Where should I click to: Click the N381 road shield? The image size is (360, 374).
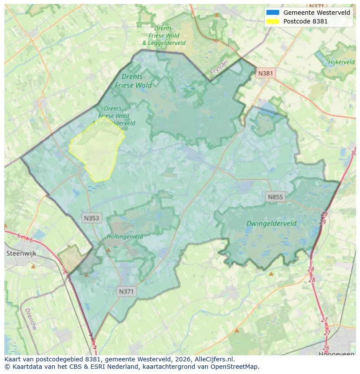tap(265, 73)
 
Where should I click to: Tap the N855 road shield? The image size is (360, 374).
tap(275, 197)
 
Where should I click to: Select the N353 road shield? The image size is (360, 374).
tap(91, 218)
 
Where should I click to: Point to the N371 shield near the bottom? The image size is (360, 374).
tap(126, 292)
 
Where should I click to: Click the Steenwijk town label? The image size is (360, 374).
tap(20, 253)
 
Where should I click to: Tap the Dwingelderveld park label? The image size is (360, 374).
tap(271, 223)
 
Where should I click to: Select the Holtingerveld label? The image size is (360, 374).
tap(125, 237)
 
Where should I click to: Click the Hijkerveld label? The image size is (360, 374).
tap(341, 62)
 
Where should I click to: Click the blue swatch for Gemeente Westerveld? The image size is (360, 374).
tap(273, 13)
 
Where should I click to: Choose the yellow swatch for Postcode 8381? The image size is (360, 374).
tap(273, 21)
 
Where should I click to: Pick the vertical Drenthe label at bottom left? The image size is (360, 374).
tap(30, 319)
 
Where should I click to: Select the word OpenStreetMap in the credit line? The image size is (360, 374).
tap(235, 367)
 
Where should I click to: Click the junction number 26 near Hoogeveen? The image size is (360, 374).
tap(326, 348)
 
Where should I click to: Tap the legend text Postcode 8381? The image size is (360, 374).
tap(305, 21)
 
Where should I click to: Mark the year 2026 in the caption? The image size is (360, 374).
tap(162, 360)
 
